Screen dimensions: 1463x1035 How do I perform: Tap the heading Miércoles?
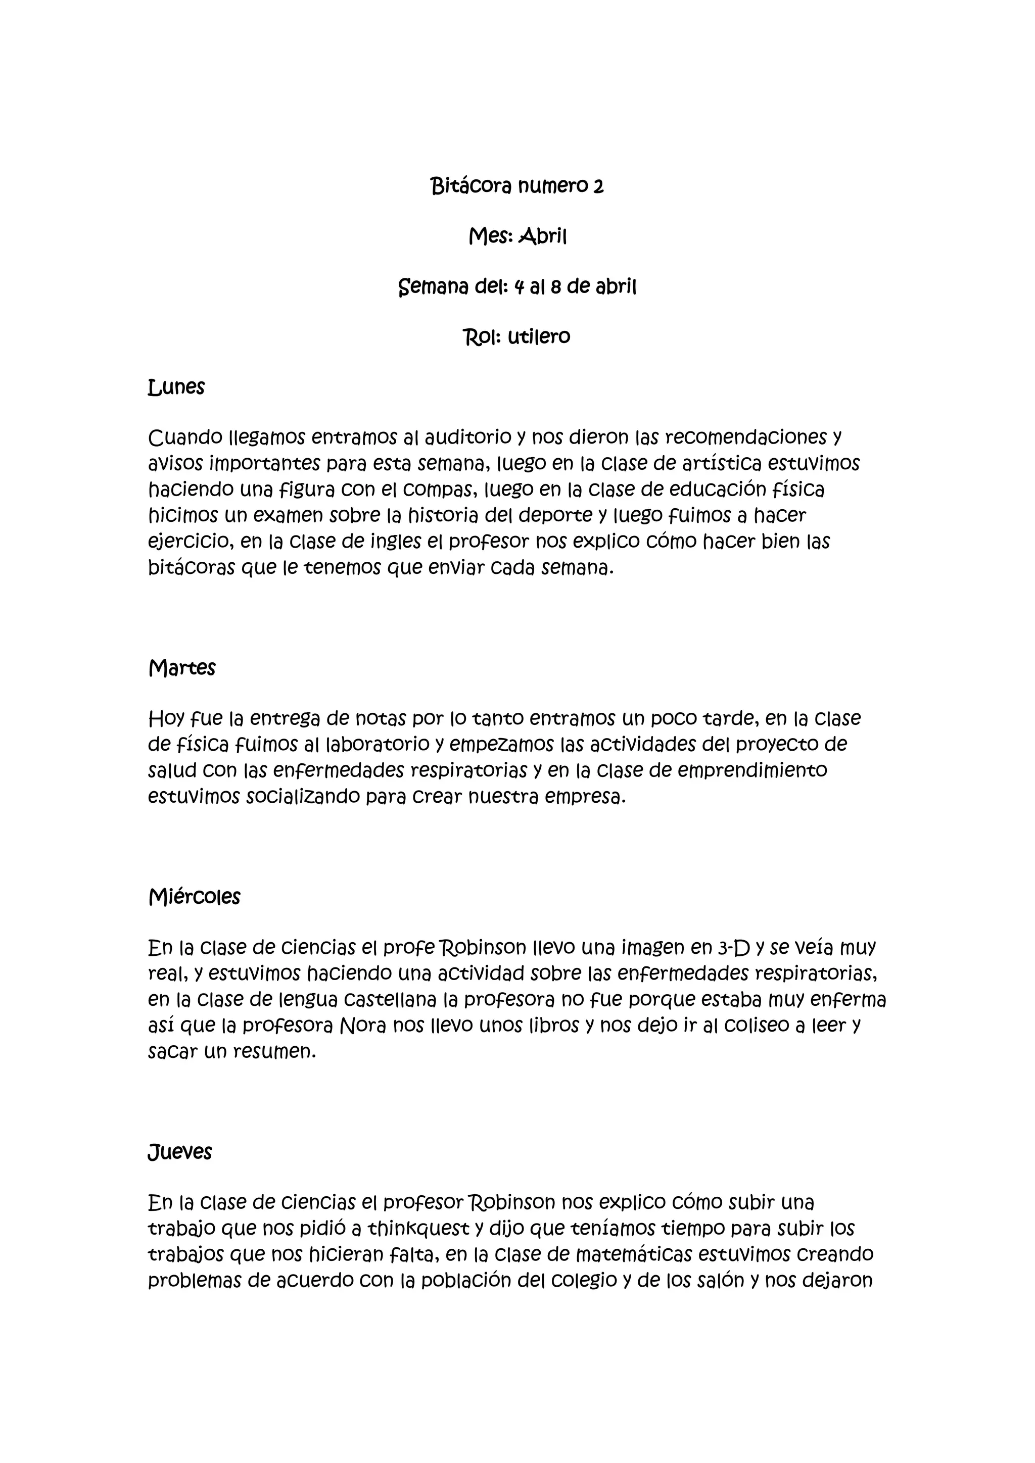[x=195, y=897]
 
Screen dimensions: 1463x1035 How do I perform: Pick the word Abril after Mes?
[x=542, y=237]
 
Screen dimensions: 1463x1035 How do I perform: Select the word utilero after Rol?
[x=539, y=336]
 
